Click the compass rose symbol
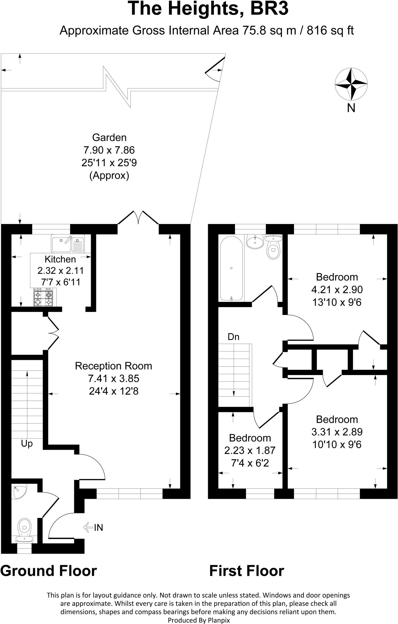[351, 84]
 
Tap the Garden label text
[109, 137]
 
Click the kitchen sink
[68, 243]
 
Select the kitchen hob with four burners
[43, 298]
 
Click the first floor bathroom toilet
[273, 248]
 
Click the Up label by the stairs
[27, 444]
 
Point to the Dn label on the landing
[233, 337]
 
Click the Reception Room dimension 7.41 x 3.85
[113, 378]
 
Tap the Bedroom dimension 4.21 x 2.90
[337, 289]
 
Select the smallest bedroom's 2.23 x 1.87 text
[250, 450]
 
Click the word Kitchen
[60, 259]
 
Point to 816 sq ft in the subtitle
[330, 30]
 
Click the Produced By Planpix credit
[199, 620]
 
